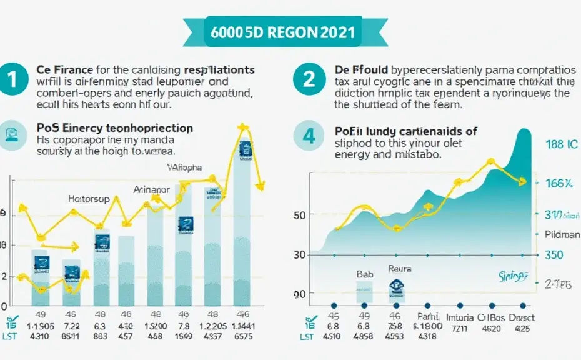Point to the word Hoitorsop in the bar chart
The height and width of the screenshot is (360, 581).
coord(89,199)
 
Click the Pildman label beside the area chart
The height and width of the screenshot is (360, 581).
coord(562,234)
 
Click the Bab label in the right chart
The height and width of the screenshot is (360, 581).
coord(364,274)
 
